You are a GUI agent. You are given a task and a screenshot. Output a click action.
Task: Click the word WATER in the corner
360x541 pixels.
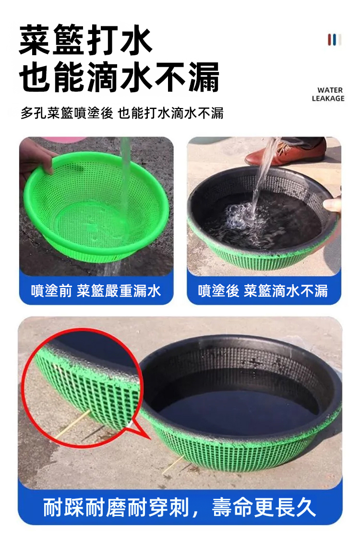pos(330,90)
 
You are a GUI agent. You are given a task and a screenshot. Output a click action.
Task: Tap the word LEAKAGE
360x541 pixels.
pos(328,98)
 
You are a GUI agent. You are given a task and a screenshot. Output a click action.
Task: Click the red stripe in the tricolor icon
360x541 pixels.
pos(330,40)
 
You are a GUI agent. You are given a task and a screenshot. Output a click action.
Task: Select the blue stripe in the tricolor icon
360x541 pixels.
pos(335,40)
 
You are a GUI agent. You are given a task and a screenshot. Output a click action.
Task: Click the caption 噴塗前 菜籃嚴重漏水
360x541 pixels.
pos(96,291)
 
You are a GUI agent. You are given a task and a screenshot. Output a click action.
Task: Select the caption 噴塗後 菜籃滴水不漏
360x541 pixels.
pos(263,291)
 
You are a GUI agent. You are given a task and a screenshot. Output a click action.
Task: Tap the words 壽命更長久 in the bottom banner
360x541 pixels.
pos(264,507)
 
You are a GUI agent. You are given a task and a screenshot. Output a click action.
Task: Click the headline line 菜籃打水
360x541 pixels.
pos(85,40)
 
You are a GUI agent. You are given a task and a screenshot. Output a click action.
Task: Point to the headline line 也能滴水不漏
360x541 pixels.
pos(119,77)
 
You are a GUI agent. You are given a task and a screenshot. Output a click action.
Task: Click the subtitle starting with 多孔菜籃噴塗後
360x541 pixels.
pos(122,113)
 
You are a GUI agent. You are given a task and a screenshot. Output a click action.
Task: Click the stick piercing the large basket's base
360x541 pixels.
pos(173,465)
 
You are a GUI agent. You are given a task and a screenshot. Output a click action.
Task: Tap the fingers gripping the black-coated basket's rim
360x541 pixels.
pos(332,205)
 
